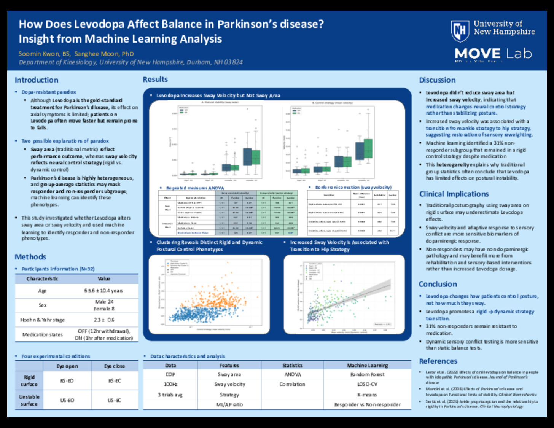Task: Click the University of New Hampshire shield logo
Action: (460, 31)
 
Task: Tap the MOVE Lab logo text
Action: (493, 53)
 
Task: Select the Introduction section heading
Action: (37, 80)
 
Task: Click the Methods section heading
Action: (30, 257)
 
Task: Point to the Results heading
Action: (155, 79)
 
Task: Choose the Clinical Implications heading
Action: (454, 194)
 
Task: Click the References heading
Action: (438, 361)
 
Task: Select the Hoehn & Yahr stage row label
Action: (42, 320)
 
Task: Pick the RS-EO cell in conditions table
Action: (67, 380)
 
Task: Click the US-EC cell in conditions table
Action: (114, 400)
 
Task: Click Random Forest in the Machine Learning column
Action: (367, 374)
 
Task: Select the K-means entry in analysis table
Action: (367, 395)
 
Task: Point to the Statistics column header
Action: (292, 365)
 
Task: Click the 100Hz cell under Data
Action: (170, 384)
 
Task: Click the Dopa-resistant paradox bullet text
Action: (49, 92)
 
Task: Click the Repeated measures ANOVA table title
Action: (195, 188)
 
